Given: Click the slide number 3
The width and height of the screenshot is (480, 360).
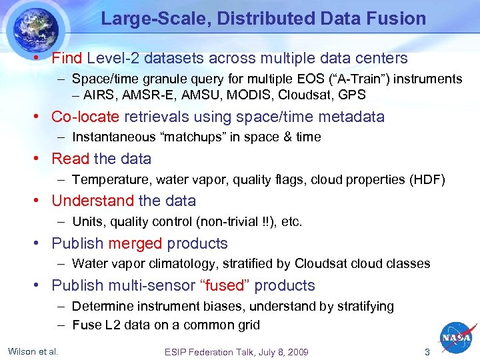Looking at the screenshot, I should tap(427, 351).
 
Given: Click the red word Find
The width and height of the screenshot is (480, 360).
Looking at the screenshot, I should tap(67, 59).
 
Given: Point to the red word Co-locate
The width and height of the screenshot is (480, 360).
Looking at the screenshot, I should tap(85, 117).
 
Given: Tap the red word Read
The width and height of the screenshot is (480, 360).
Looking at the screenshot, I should tap(70, 159).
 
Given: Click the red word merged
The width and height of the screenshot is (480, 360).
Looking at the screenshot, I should tap(135, 243).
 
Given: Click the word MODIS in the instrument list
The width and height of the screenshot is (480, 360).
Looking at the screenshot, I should tap(256, 95).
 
